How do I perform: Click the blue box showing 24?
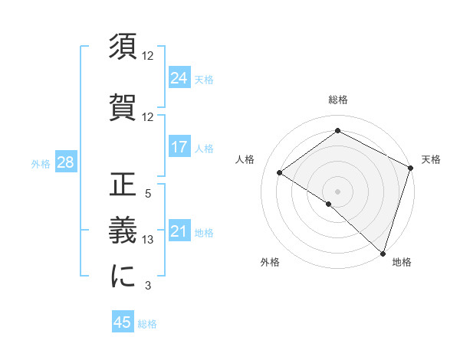179,78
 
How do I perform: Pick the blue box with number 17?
179,147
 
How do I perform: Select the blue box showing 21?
179,231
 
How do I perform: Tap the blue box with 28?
65,162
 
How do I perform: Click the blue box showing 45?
123,322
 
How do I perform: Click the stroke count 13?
149,240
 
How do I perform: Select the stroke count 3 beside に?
147,286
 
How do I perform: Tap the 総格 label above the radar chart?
338,100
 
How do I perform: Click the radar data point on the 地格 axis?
383,253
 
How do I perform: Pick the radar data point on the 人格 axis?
280,172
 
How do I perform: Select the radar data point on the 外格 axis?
329,204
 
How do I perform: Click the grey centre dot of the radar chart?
338,191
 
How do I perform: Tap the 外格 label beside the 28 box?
41,163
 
